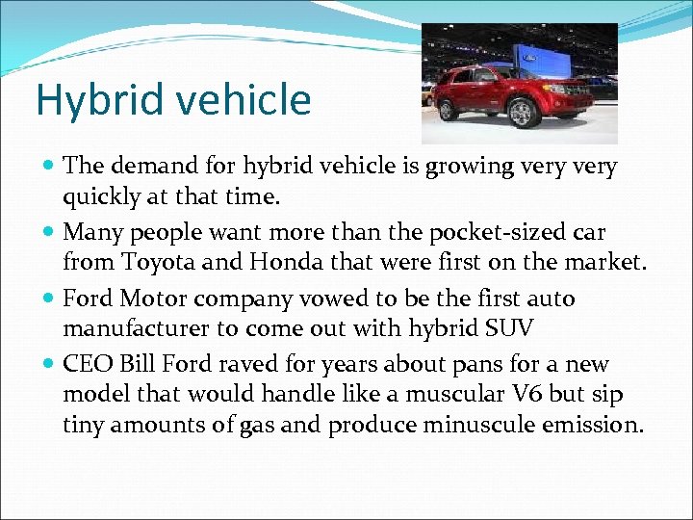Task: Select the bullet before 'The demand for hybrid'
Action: click(x=49, y=167)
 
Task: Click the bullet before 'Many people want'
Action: click(x=49, y=233)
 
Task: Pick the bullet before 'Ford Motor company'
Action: click(x=49, y=299)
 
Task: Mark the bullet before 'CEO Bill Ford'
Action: click(x=49, y=366)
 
